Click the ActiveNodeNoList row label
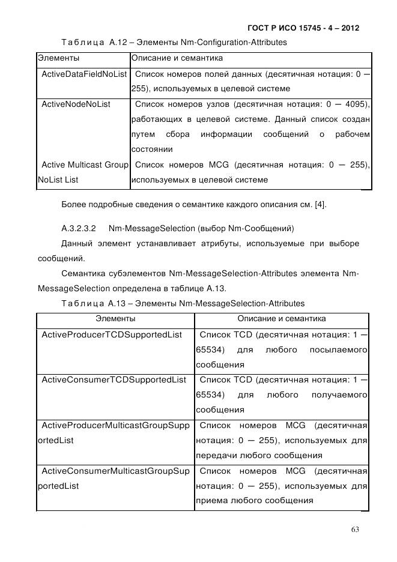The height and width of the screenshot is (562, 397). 76,104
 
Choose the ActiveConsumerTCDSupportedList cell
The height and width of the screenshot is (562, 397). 113,379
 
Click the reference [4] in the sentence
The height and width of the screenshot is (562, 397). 320,205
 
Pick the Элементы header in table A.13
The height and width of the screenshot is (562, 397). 115,318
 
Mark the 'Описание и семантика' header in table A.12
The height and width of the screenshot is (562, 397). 177,58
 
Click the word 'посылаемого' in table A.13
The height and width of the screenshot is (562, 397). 338,349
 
